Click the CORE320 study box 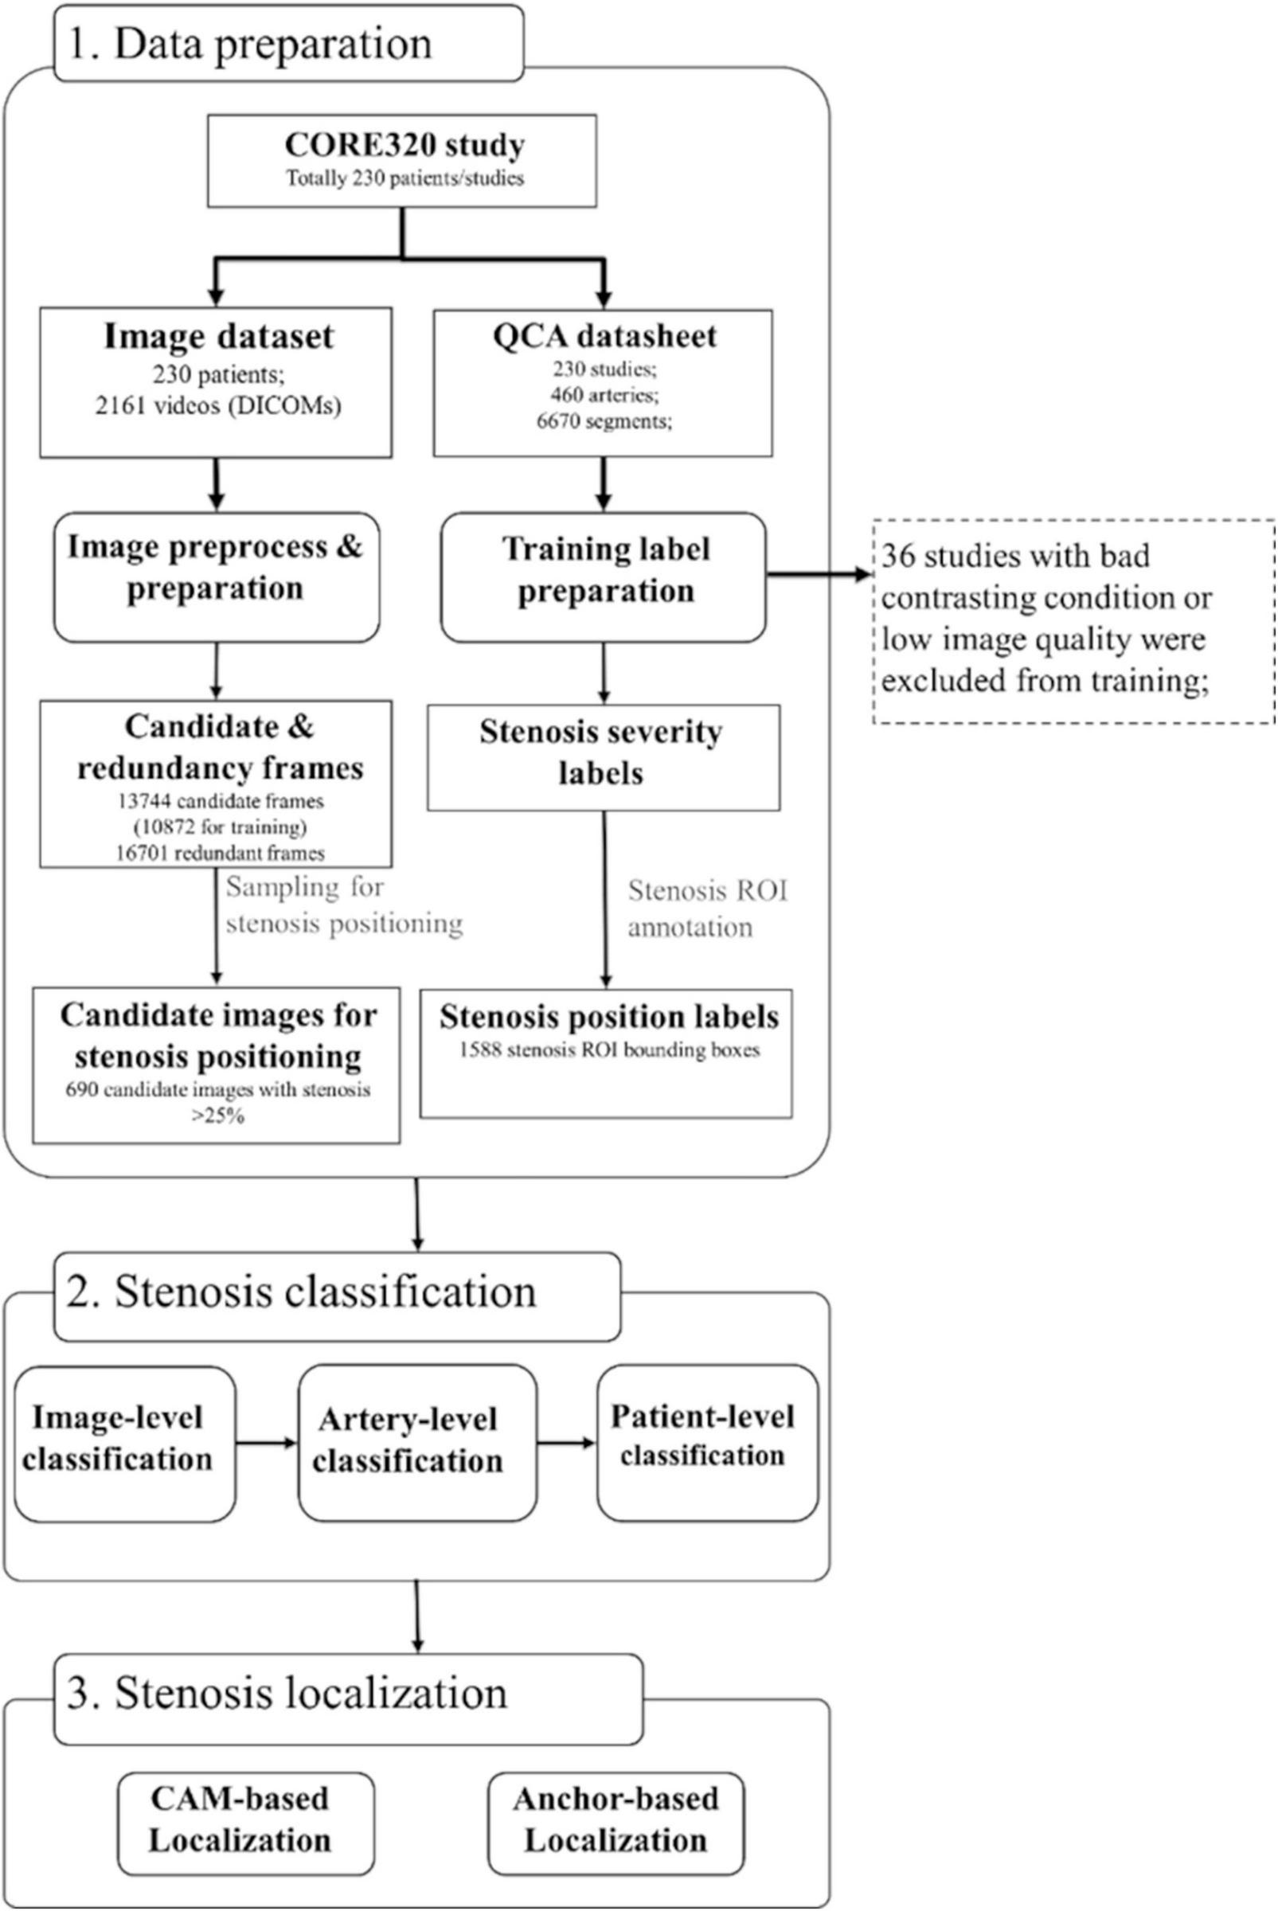click(402, 160)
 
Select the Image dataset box click(216, 381)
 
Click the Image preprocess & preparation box click(216, 576)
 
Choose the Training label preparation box click(603, 576)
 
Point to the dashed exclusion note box click(1073, 621)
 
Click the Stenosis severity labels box click(603, 757)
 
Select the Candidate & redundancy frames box click(216, 784)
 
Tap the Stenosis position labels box click(606, 1052)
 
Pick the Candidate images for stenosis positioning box click(216, 1065)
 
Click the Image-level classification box click(125, 1444)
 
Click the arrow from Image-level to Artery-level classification click(267, 1444)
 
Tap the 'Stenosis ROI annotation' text click(706, 909)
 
